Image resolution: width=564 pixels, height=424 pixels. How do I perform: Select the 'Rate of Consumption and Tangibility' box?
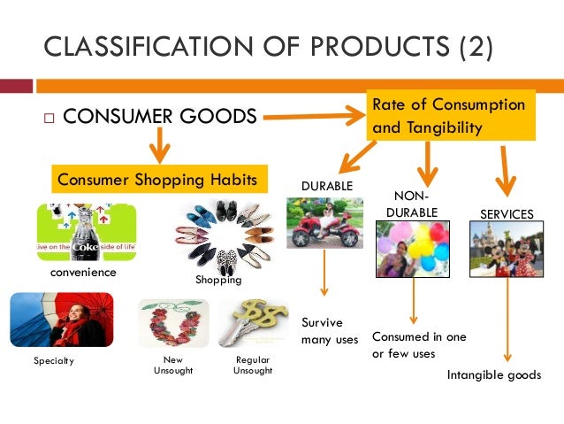pyautogui.click(x=451, y=116)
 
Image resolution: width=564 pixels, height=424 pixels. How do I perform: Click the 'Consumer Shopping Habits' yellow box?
pyautogui.click(x=157, y=180)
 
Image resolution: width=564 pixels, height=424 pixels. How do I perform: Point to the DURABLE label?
pyautogui.click(x=326, y=187)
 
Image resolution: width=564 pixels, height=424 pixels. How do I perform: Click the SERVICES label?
pyautogui.click(x=506, y=214)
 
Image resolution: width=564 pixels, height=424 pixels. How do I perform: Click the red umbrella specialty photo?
pyautogui.click(x=58, y=321)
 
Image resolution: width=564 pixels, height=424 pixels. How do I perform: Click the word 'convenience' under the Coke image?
pyautogui.click(x=82, y=273)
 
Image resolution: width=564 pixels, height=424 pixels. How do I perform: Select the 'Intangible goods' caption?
pyautogui.click(x=493, y=375)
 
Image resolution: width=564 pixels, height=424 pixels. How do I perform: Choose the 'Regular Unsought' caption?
pyautogui.click(x=253, y=365)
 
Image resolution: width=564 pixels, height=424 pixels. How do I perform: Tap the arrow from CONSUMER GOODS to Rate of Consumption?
pyautogui.click(x=314, y=117)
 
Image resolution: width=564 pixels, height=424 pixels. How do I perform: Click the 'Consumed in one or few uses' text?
pyautogui.click(x=419, y=345)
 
